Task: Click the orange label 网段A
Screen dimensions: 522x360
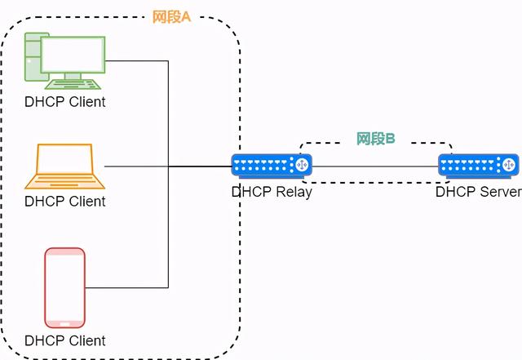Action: [x=171, y=16]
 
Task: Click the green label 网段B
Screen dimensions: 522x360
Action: [x=375, y=139]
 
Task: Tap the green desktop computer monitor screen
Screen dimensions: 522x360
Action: [x=73, y=55]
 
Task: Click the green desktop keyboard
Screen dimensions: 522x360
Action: [x=73, y=84]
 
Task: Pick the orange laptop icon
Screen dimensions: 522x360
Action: [x=65, y=167]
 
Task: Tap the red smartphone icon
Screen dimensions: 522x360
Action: [x=65, y=287]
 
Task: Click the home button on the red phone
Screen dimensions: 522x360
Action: [x=64, y=324]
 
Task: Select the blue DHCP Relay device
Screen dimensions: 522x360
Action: [x=272, y=166]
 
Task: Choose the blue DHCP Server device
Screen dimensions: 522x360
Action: [x=479, y=166]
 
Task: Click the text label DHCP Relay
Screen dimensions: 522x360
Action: [x=272, y=193]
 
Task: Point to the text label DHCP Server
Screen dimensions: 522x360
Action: [x=479, y=192]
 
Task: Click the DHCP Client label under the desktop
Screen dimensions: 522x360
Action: [x=65, y=102]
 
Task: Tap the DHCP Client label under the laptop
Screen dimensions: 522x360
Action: [x=65, y=202]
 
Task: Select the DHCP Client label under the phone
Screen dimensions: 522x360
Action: [x=65, y=340]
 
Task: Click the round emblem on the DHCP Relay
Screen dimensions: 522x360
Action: [x=302, y=165]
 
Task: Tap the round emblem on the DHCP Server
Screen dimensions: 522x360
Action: [x=509, y=165]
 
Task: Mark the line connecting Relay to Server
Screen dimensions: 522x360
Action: [x=375, y=167]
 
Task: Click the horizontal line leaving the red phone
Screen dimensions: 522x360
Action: [x=127, y=287]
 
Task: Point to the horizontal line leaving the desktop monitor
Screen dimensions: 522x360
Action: [x=137, y=61]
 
